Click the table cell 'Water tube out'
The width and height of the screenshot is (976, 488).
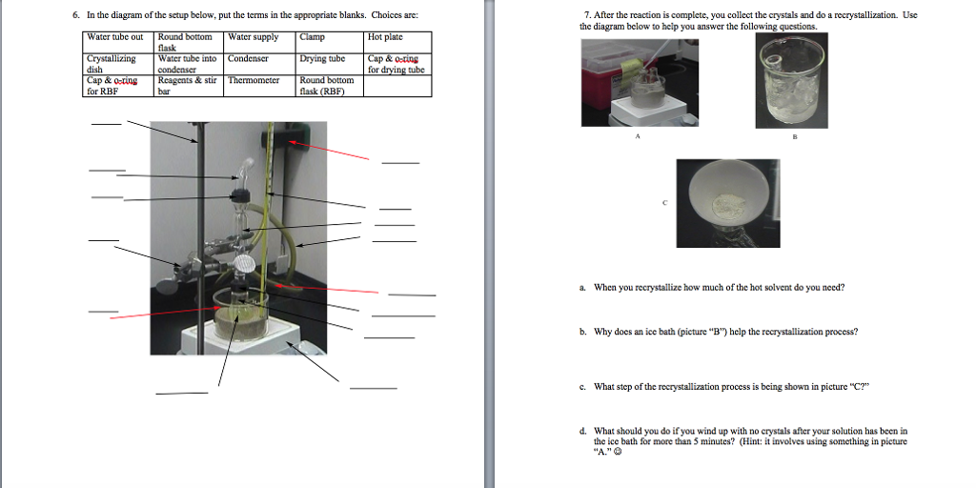pos(118,42)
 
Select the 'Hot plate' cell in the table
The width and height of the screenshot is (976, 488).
pos(398,42)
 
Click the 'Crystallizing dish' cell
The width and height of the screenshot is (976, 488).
pos(118,64)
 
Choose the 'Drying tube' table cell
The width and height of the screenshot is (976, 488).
pos(331,64)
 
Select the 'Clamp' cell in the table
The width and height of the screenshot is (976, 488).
pos(331,42)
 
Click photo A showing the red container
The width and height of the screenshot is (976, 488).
pos(640,83)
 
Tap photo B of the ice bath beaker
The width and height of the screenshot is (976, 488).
pos(791,80)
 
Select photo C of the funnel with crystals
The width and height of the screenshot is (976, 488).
pos(727,203)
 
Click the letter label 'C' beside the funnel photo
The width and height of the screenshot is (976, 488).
pos(664,203)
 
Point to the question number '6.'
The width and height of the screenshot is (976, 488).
pos(76,16)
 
